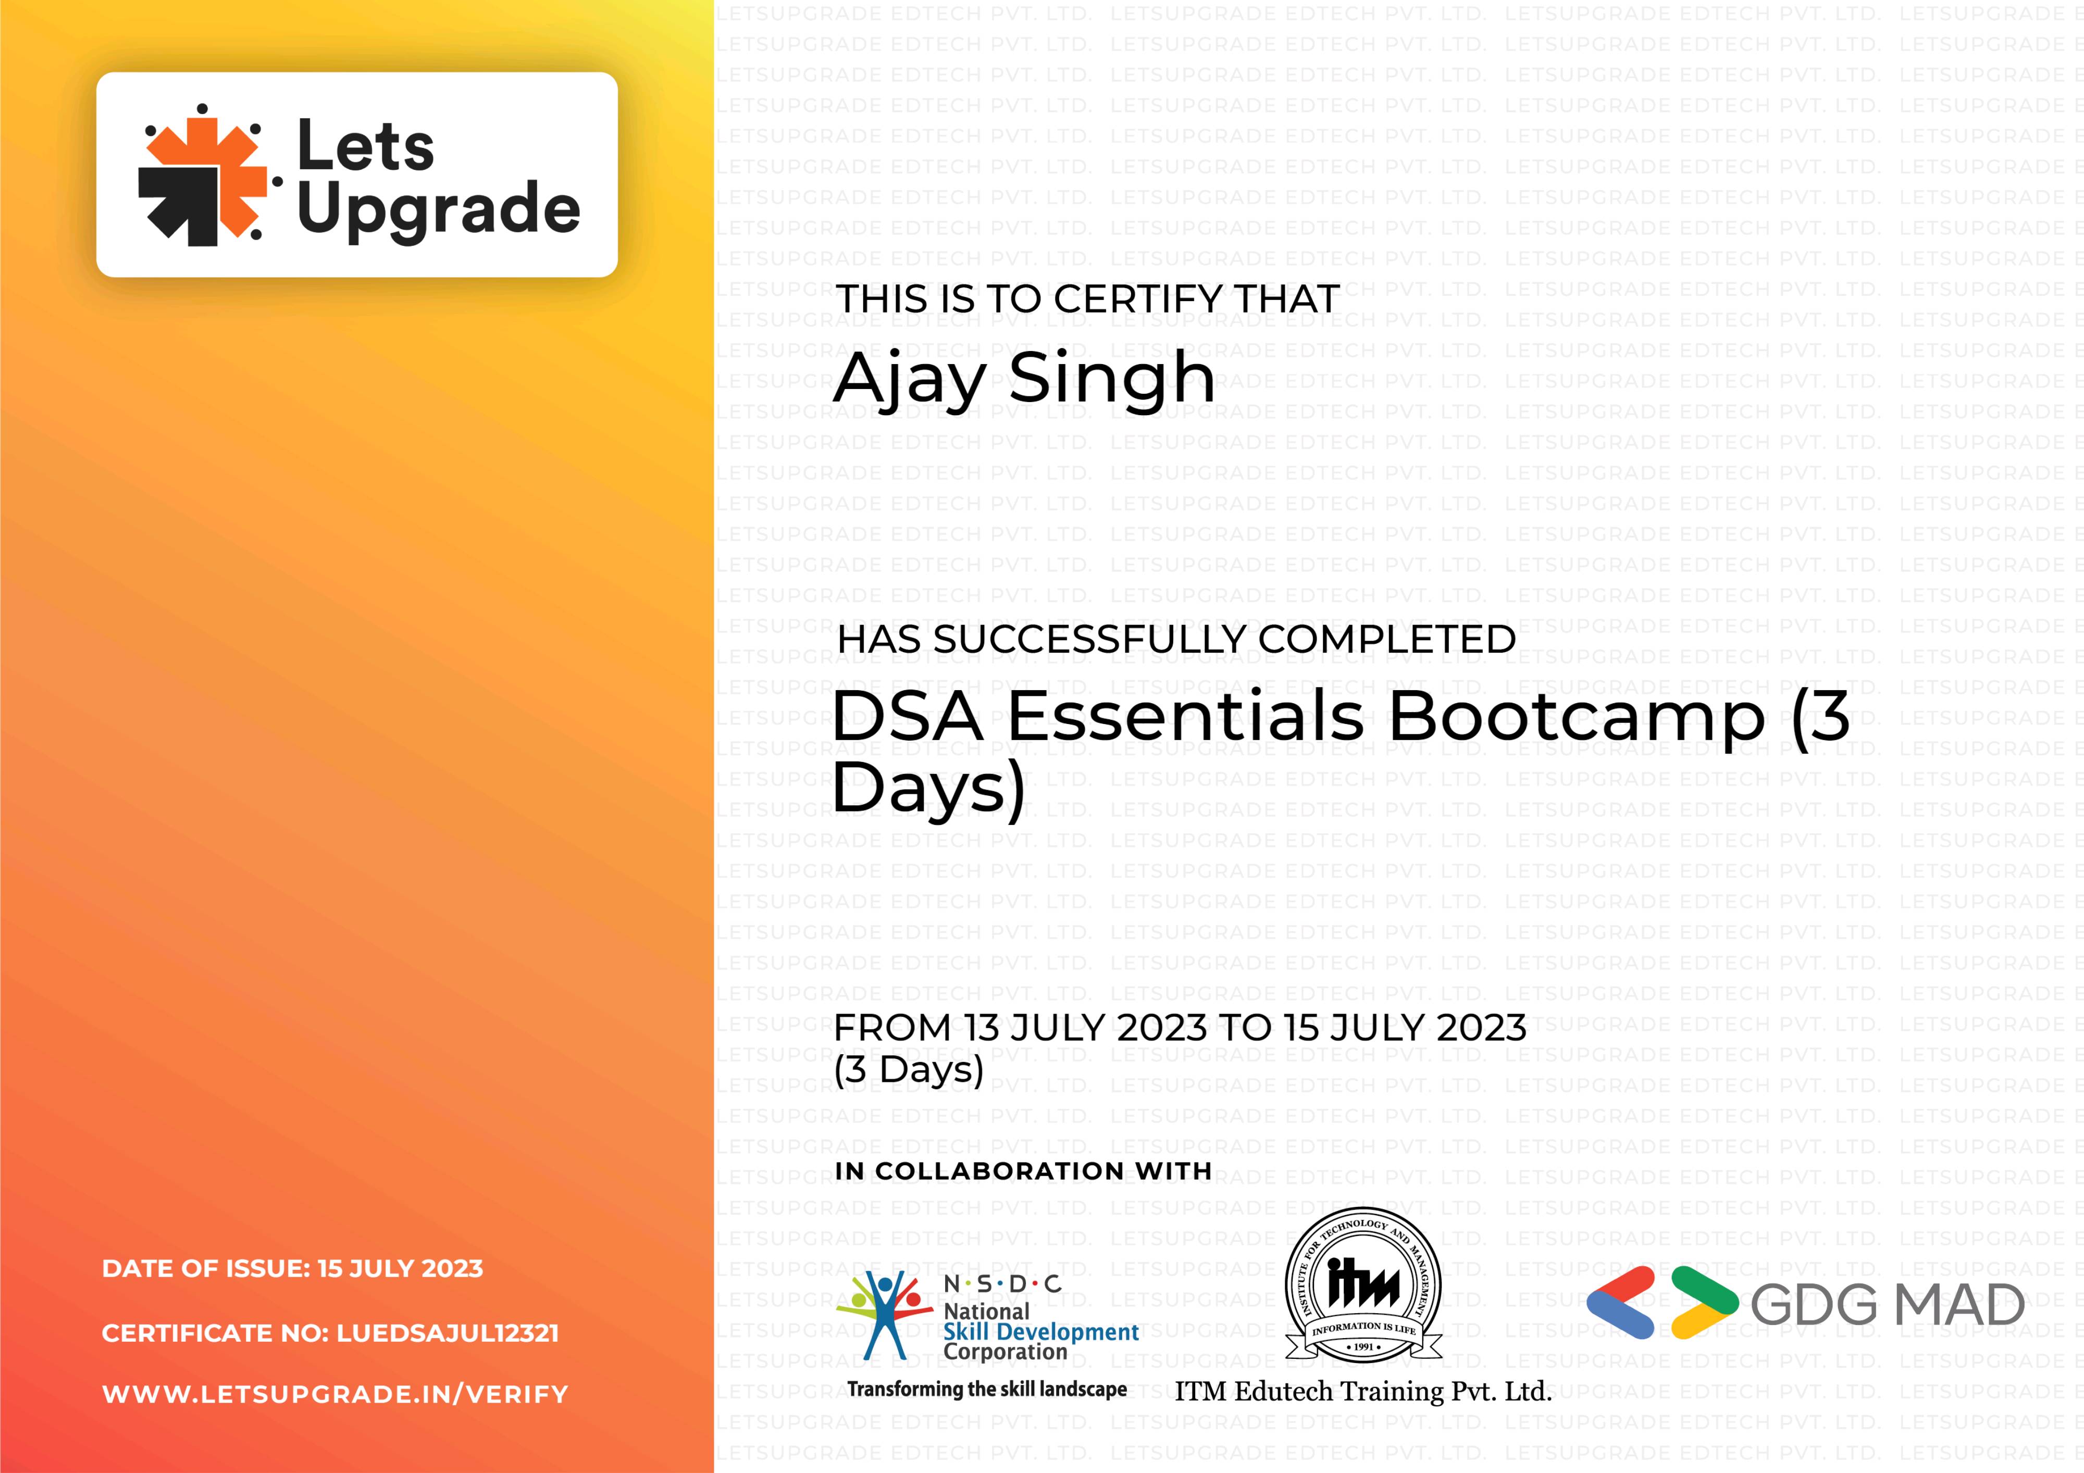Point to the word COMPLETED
1387,640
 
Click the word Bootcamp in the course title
1577,717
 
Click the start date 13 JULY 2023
1086,1028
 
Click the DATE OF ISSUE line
292,1269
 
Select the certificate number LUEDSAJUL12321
448,1333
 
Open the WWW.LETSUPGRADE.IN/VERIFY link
335,1394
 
